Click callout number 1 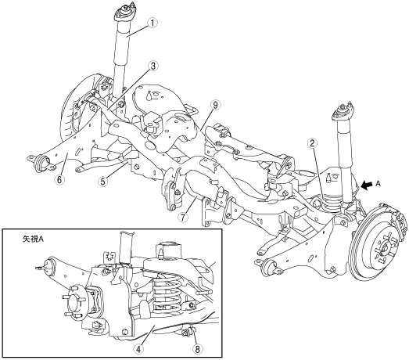[152, 23]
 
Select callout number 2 [312, 143]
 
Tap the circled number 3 [152, 66]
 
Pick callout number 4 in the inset [138, 348]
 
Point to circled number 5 [103, 181]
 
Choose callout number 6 [59, 179]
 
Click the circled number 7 [184, 217]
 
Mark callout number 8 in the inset [197, 348]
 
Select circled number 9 [216, 105]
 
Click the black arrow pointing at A [367, 185]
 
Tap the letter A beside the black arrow [379, 184]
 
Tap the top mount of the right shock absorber [343, 112]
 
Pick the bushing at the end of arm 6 [41, 164]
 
